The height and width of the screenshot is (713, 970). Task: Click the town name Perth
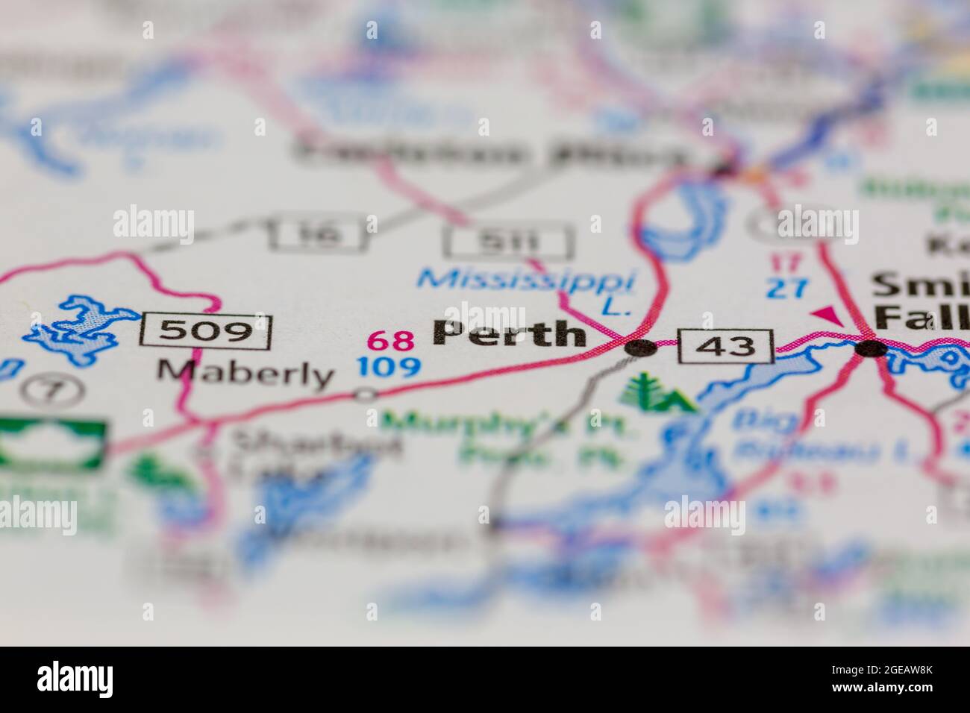pos(509,333)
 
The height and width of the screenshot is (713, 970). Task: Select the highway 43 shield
pos(725,345)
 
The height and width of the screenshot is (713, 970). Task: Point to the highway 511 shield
pos(509,242)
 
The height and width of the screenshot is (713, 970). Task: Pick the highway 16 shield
pos(318,233)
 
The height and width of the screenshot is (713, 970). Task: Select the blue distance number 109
pos(388,366)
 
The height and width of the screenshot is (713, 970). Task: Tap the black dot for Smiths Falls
pos(871,348)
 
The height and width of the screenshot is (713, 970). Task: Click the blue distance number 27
pos(786,289)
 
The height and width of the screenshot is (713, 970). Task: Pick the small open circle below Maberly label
pos(366,394)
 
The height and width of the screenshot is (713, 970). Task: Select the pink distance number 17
pos(786,263)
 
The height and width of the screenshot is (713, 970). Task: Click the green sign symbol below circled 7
pos(52,445)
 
